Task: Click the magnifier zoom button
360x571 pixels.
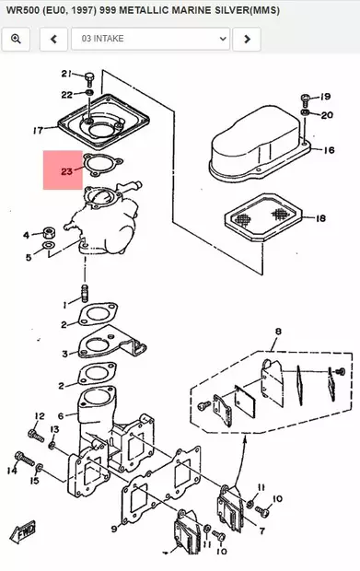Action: tap(17, 39)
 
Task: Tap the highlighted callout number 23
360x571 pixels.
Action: tap(66, 170)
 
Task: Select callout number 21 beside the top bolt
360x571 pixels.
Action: tap(66, 74)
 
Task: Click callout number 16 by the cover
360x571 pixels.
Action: tap(329, 148)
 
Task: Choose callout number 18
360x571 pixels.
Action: tap(320, 218)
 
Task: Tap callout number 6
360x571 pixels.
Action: tap(61, 416)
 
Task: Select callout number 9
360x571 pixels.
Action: tap(114, 529)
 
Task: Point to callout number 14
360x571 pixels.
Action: tap(12, 471)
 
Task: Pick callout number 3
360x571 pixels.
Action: tap(64, 354)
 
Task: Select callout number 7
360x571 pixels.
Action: tap(262, 531)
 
